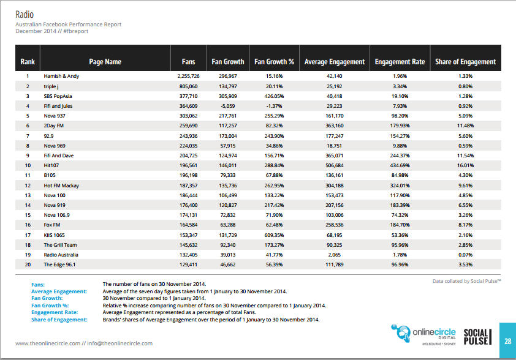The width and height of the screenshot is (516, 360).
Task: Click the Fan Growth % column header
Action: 274,62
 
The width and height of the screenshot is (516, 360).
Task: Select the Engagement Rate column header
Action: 400,62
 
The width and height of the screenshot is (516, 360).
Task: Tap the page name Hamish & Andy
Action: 61,76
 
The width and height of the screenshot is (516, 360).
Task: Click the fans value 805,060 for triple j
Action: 189,86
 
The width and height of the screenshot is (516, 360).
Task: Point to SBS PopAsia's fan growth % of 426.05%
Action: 274,96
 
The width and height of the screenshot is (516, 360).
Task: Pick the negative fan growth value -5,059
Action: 228,106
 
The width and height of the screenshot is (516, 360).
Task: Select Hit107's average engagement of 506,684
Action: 335,165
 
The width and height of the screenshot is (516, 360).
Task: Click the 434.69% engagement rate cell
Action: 400,165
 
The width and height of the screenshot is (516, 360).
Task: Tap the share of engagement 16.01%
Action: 465,165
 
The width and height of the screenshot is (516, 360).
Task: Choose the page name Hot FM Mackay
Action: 61,186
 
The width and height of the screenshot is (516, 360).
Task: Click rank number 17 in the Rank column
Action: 28,235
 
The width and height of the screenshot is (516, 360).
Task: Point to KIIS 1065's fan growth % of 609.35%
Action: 274,235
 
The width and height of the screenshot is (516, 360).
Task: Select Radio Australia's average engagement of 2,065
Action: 335,255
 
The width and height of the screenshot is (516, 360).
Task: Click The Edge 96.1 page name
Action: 59,264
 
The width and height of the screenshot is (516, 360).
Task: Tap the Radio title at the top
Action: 25,15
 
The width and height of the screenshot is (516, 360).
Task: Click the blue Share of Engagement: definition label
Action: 59,320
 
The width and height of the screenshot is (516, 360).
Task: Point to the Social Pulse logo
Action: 477,337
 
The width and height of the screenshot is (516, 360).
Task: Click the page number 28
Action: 508,341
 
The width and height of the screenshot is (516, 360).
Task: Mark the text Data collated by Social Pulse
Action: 466,281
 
